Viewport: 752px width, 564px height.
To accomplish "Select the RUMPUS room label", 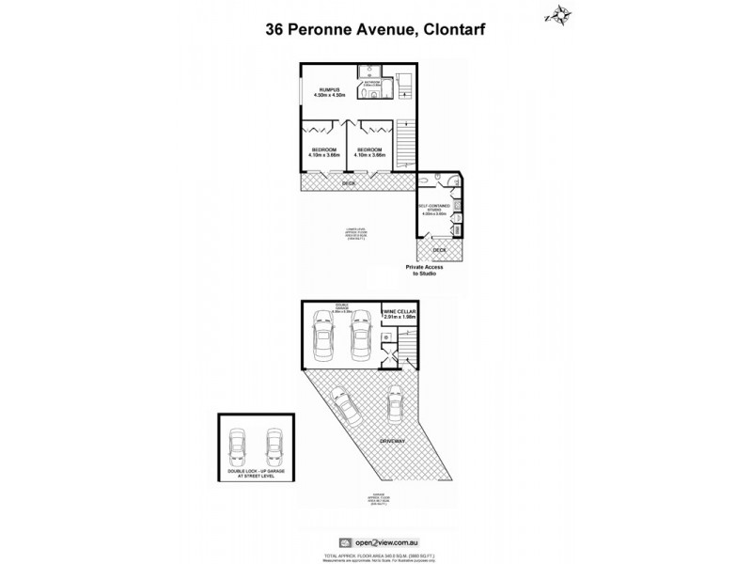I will pyautogui.click(x=330, y=92).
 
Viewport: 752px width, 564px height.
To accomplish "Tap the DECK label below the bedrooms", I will pyautogui.click(x=349, y=185).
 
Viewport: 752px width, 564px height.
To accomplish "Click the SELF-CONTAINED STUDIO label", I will pyautogui.click(x=434, y=211).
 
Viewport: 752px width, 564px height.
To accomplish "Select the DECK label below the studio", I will pyautogui.click(x=439, y=250).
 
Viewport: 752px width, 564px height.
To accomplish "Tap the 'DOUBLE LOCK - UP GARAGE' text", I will pyautogui.click(x=254, y=471).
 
